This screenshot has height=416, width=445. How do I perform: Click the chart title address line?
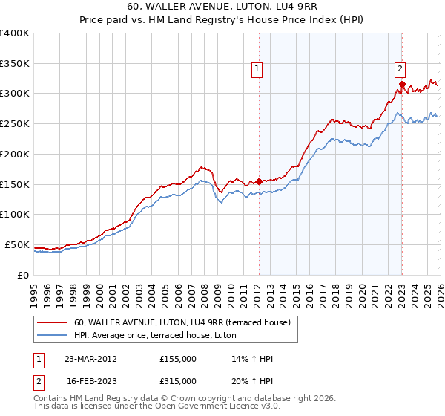click(222, 8)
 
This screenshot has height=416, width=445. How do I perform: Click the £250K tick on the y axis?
click(15, 123)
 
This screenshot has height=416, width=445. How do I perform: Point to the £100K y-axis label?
click(15, 214)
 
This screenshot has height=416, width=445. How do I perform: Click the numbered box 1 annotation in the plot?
click(257, 69)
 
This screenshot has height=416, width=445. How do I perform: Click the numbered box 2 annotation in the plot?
click(399, 69)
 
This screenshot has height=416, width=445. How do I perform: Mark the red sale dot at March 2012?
click(259, 181)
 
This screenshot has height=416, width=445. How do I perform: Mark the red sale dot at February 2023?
click(401, 85)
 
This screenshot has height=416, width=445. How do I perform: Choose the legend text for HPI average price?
click(155, 335)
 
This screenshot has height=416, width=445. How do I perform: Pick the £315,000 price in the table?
click(178, 380)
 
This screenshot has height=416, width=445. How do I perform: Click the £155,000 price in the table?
click(178, 359)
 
